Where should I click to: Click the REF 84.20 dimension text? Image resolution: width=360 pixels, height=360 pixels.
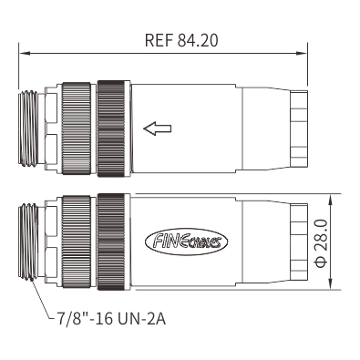coord(181,41)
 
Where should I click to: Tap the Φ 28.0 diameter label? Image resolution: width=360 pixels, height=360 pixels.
coord(321,243)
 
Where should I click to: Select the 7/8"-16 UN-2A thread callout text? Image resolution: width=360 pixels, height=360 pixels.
coord(111,319)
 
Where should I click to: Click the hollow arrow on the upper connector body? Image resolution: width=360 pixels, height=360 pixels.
coord(158,129)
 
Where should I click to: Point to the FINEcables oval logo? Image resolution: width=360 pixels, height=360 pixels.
coord(187,242)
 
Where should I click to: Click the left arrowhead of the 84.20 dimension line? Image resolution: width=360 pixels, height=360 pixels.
coord(25,54)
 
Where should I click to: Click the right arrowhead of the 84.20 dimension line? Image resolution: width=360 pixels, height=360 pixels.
coord(302,54)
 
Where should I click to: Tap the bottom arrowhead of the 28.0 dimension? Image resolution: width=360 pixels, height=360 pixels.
coord(331,283)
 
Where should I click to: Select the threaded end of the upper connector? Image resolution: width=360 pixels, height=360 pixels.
coord(28,129)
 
